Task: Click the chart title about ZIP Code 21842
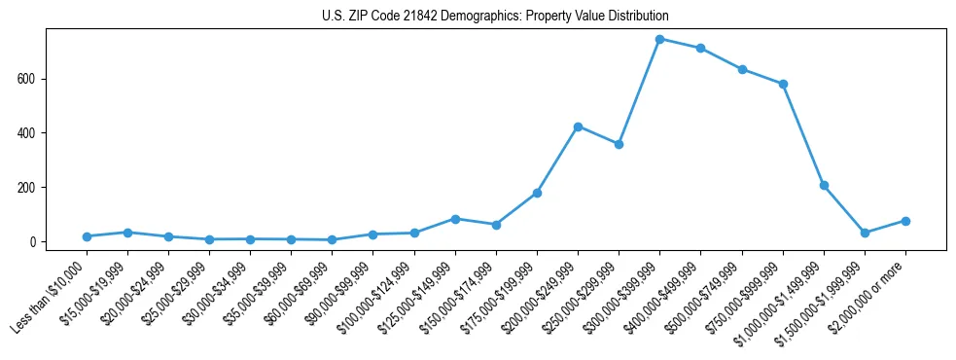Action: (x=495, y=16)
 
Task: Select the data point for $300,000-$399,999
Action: (x=659, y=39)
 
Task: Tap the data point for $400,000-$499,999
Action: (x=700, y=48)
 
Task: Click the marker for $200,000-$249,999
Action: (x=578, y=126)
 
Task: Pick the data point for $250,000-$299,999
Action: (x=619, y=144)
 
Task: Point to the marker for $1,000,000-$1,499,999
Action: (x=824, y=185)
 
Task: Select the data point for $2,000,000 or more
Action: (x=905, y=221)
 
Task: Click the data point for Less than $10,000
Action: (x=87, y=236)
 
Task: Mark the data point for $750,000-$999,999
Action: (x=783, y=84)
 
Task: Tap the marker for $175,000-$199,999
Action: (x=537, y=193)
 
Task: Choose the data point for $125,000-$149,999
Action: (x=455, y=219)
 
